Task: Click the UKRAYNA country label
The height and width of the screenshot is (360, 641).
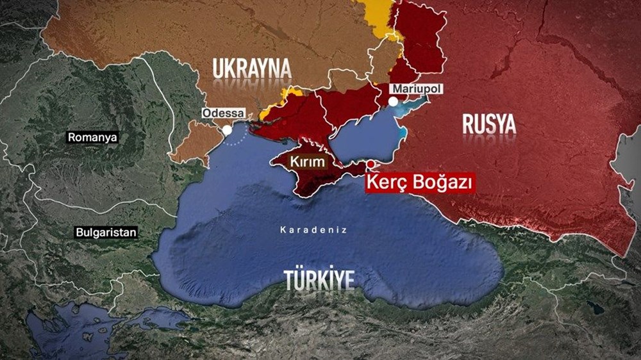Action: point(252,69)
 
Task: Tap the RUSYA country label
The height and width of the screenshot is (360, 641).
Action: point(489,124)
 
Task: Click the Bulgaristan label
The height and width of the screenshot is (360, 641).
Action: point(106,233)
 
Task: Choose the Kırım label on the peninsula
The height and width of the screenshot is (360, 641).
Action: point(307,162)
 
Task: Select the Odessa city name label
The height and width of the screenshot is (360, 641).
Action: point(223,113)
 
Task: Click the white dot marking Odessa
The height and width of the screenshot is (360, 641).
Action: point(227,129)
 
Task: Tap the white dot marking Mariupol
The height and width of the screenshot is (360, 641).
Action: point(393,101)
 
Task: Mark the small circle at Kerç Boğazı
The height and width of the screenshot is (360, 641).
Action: point(370,164)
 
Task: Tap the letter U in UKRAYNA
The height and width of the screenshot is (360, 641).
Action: point(219,69)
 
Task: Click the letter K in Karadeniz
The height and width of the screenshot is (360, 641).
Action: point(283,229)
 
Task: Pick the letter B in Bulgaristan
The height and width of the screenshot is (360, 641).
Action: point(79,233)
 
